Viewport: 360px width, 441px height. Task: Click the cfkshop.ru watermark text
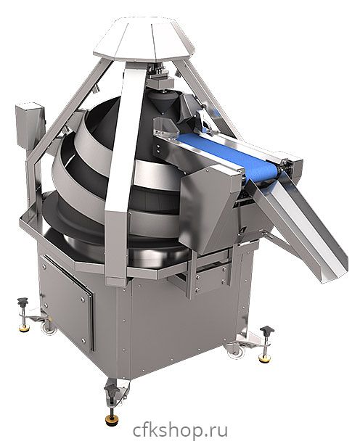pyautogui.click(x=180, y=430)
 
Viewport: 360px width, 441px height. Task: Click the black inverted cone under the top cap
pyautogui.click(x=161, y=102)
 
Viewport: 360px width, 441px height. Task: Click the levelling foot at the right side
pyautogui.click(x=266, y=344)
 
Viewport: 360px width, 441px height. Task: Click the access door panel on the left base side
pyautogui.click(x=67, y=301)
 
